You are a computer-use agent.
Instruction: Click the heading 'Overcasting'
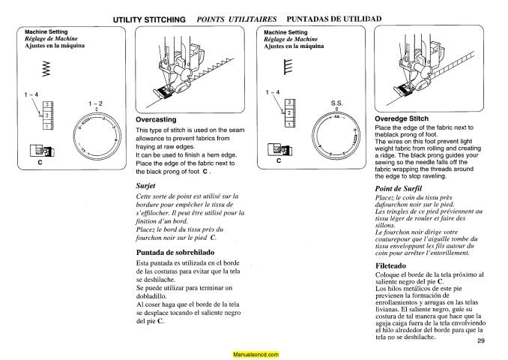pyautogui.click(x=156, y=119)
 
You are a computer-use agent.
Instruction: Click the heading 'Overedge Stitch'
pyautogui.click(x=402, y=118)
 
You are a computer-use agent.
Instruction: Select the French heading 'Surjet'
pyautogui.click(x=146, y=184)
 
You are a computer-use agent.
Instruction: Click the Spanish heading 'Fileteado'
pyautogui.click(x=392, y=265)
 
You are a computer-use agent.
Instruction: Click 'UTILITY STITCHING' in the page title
pyautogui.click(x=149, y=18)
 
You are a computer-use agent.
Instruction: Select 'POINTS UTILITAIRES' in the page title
pyautogui.click(x=237, y=18)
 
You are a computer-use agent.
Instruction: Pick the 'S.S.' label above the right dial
pyautogui.click(x=336, y=103)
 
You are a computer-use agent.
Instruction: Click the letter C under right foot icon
pyautogui.click(x=279, y=160)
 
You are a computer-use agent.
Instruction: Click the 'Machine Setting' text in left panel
pyautogui.click(x=46, y=32)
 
